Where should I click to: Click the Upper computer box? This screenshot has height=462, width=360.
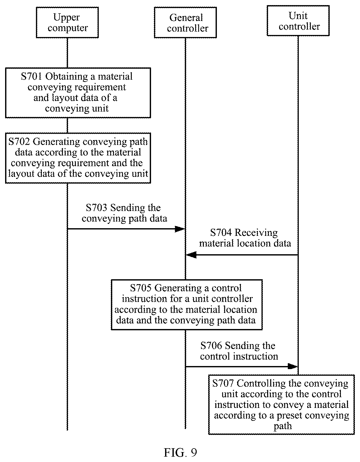tap(67, 22)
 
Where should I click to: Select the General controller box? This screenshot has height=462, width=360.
tap(185, 22)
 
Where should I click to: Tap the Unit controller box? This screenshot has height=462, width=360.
tap(298, 20)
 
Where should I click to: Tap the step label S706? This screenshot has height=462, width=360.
tap(211, 346)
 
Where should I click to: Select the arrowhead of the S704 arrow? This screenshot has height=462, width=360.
tap(191, 255)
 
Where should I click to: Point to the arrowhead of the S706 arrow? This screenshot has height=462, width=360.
tap(293, 367)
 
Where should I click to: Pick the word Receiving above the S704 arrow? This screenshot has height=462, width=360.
tap(256, 233)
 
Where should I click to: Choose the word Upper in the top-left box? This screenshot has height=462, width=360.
tap(67, 18)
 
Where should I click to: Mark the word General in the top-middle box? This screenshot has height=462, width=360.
tap(186, 18)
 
